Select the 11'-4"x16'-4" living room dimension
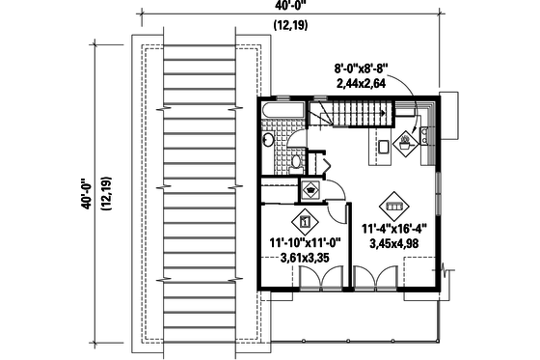pos(395,230)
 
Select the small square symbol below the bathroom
pos(311,187)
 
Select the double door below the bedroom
pos(317,278)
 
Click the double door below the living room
pos(376,278)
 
